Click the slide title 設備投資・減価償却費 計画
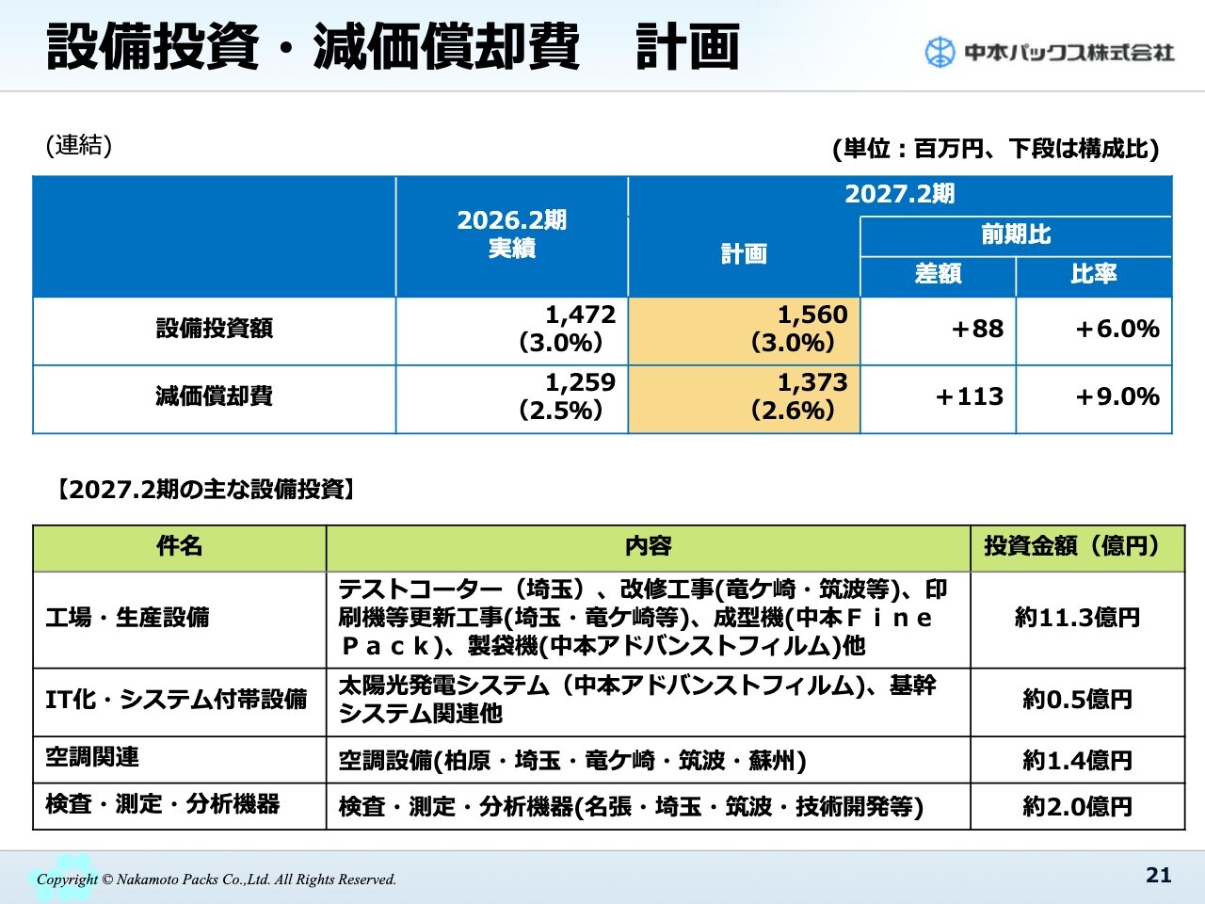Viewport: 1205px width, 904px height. click(393, 47)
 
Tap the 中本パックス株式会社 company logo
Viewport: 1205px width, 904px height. click(1049, 52)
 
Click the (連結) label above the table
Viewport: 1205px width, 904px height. click(79, 145)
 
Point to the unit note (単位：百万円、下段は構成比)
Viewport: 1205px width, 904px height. click(995, 149)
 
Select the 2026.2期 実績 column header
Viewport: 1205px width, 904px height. click(511, 234)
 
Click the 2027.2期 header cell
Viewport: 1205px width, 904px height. click(899, 195)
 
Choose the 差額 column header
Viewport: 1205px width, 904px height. click(938, 274)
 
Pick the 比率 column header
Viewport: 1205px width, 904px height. click(1094, 274)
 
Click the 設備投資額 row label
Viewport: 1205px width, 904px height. click(214, 329)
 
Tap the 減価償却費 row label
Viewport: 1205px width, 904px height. click(214, 396)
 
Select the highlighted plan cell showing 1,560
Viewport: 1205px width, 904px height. click(744, 329)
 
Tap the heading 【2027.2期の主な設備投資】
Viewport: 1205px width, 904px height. click(205, 490)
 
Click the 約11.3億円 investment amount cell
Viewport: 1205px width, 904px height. click(1077, 618)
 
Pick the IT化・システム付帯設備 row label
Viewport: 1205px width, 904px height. click(177, 700)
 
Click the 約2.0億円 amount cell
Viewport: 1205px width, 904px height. click(1077, 806)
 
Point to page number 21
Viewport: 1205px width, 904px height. click(1158, 875)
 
